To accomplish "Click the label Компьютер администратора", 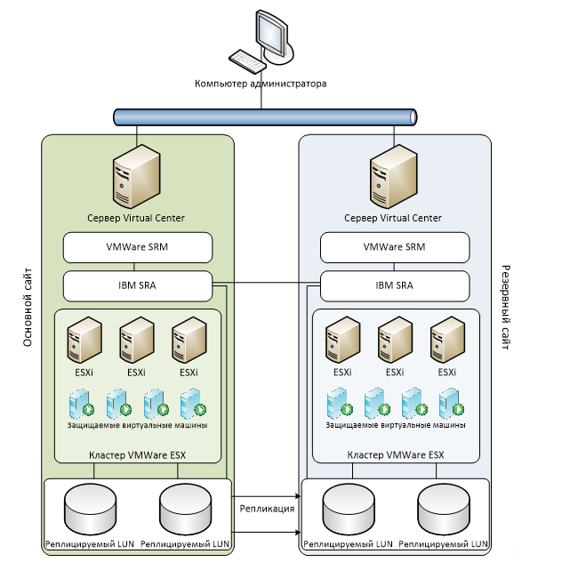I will pos(261,84).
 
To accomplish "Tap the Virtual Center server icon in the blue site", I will pos(394,181).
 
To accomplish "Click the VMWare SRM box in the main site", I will pos(137,246).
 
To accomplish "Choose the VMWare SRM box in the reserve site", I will pos(395,246).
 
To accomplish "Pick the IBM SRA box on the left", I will pos(137,285).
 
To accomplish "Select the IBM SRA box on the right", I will pos(395,285).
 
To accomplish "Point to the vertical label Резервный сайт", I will pos(505,308).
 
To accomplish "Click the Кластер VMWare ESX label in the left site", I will pos(137,454).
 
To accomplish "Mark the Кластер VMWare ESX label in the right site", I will pos(395,454).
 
